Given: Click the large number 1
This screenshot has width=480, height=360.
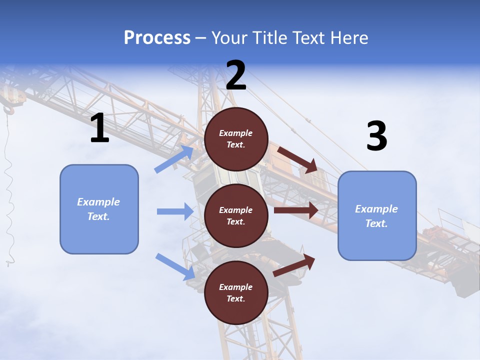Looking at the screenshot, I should pos(99,128).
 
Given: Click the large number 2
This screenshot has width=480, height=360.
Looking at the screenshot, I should pos(236,75).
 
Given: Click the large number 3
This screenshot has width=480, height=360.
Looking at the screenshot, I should pos(376,136).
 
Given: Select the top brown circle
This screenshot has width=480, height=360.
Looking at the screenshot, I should pos(236,139).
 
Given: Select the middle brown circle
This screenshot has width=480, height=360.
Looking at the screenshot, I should pos(236,216).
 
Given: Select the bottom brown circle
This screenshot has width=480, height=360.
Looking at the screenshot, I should pos(236,292).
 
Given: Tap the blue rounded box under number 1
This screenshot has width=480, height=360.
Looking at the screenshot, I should pos(99,209).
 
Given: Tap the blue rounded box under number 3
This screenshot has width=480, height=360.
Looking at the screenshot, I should pos(377,216).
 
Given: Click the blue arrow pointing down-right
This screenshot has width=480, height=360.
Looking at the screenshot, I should pos(175,266).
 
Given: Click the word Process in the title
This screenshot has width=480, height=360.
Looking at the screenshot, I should pos(157,37).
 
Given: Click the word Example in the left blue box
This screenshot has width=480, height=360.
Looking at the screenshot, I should pos(98,202).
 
